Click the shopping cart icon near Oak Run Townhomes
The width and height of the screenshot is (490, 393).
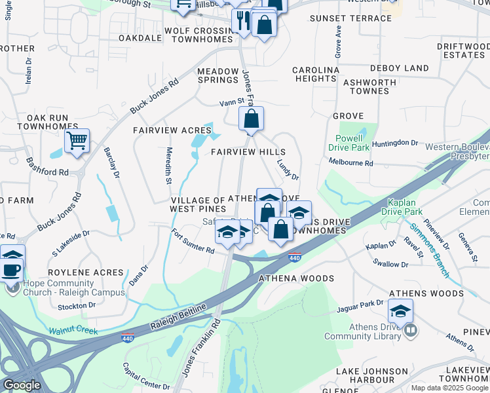coord(77,140)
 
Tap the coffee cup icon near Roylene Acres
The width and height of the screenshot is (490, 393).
coord(11,269)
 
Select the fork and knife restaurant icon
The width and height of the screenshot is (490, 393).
coord(242,20)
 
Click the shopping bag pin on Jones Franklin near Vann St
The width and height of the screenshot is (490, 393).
coord(251,119)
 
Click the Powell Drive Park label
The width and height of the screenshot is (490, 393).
coord(348,143)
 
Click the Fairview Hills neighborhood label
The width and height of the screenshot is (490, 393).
coord(248,152)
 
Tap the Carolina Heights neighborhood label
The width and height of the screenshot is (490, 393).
coord(315,74)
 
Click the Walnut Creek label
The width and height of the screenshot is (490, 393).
coord(73,331)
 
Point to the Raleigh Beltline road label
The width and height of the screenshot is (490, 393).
coord(176,313)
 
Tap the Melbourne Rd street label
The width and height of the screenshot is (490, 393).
coord(350,163)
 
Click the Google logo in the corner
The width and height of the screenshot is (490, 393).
coord(22,385)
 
